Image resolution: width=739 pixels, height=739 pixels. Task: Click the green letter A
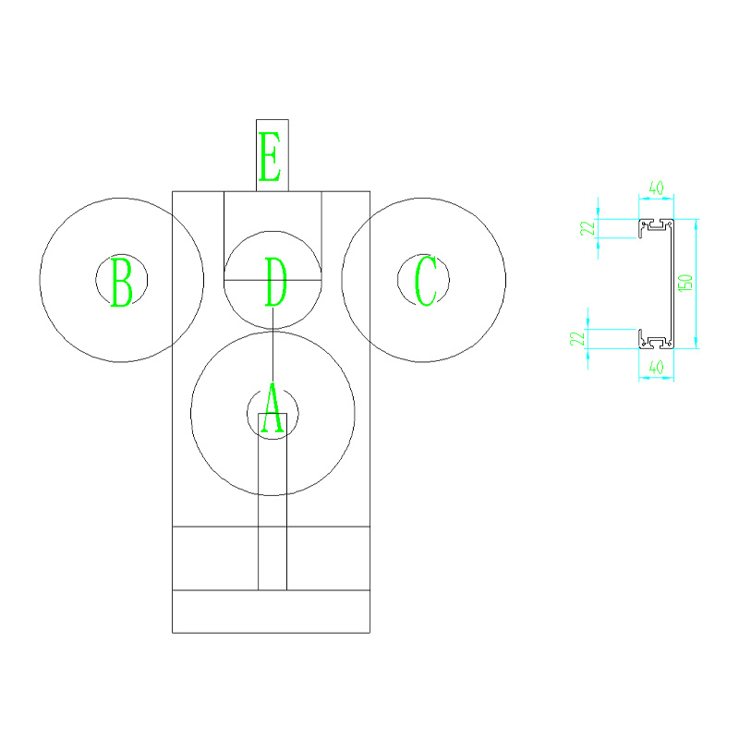coord(273,408)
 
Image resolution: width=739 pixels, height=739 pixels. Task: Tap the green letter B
coord(122,282)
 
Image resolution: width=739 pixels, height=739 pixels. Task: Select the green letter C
coord(426,281)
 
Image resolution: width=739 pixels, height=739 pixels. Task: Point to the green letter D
coord(275,282)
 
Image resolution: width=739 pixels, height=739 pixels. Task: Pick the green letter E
coord(271,156)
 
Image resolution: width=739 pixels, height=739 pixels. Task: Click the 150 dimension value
coord(685,283)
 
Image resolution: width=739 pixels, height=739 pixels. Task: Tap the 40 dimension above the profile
coord(656,188)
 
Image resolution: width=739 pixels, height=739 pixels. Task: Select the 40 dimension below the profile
coord(656,367)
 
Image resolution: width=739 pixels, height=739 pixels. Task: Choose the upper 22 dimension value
coord(588,228)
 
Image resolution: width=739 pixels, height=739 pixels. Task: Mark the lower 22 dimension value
coord(577,338)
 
